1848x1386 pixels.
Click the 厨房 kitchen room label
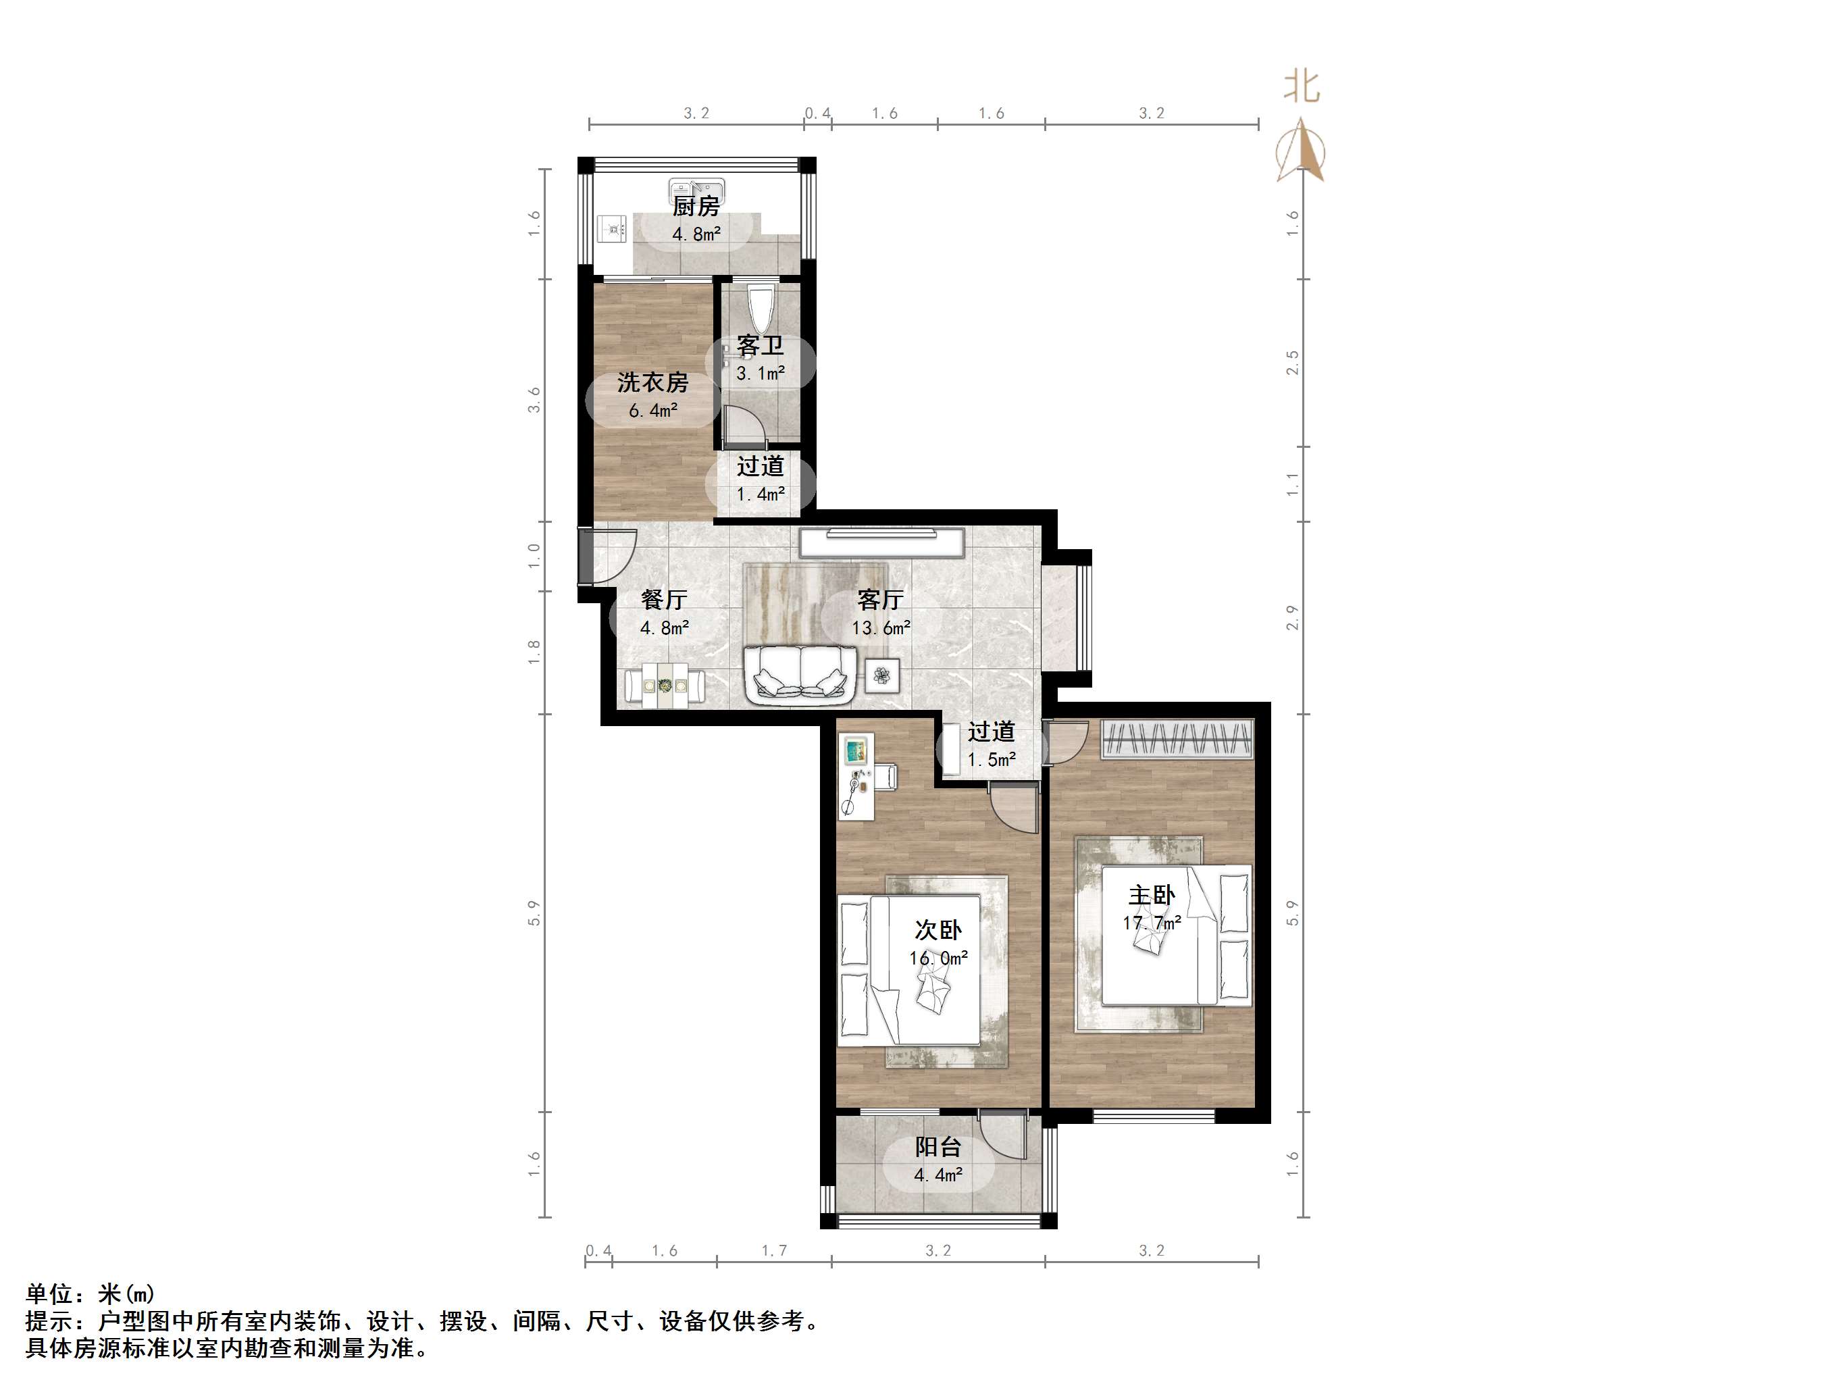(696, 207)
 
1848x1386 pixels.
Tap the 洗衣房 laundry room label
(652, 382)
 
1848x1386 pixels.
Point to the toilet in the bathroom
(761, 307)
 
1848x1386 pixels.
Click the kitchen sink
(696, 187)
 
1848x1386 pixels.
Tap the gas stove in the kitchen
(614, 227)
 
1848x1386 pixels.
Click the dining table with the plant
(665, 685)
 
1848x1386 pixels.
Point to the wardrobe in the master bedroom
(1177, 738)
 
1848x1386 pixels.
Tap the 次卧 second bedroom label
(938, 930)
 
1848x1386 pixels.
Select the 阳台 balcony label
(938, 1147)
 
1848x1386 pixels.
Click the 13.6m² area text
(881, 627)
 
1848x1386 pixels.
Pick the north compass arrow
(1300, 151)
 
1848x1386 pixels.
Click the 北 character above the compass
(1301, 86)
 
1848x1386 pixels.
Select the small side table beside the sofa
(882, 674)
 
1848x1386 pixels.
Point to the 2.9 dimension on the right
(1291, 617)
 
